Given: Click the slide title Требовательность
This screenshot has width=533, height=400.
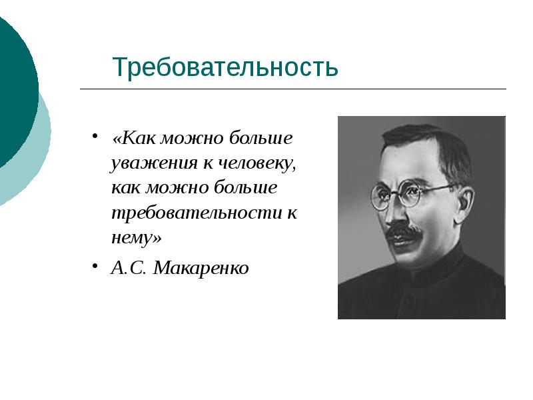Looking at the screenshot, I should click(x=225, y=67).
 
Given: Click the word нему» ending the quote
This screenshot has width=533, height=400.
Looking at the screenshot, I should click(x=137, y=238).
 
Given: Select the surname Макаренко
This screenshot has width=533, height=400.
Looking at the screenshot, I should click(x=201, y=269).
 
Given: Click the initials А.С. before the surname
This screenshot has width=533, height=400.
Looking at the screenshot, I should click(x=129, y=269).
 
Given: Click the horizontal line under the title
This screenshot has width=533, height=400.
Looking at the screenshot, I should click(x=293, y=89).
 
